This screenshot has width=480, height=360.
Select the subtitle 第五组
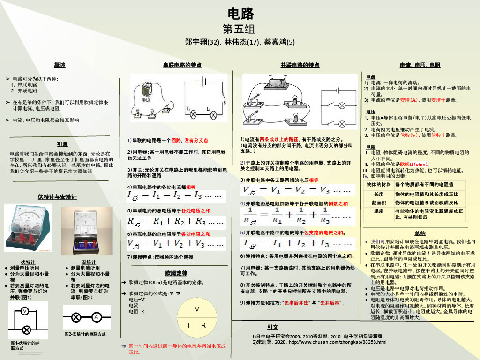(240, 29)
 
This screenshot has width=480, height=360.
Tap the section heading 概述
(60, 65)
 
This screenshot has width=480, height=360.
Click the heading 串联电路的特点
(182, 65)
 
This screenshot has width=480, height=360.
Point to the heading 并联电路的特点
(300, 65)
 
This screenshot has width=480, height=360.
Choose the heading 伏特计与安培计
(57, 196)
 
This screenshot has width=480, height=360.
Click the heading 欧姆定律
(176, 273)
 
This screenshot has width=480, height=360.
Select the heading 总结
(420, 233)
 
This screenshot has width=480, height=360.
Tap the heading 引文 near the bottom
(272, 327)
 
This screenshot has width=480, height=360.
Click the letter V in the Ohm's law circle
(197, 309)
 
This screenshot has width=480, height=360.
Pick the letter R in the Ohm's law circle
(204, 325)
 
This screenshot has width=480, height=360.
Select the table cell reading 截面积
(378, 202)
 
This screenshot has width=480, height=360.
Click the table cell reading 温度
(378, 211)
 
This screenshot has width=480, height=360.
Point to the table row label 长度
(378, 194)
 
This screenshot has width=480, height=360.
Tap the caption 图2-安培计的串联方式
(85, 334)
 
